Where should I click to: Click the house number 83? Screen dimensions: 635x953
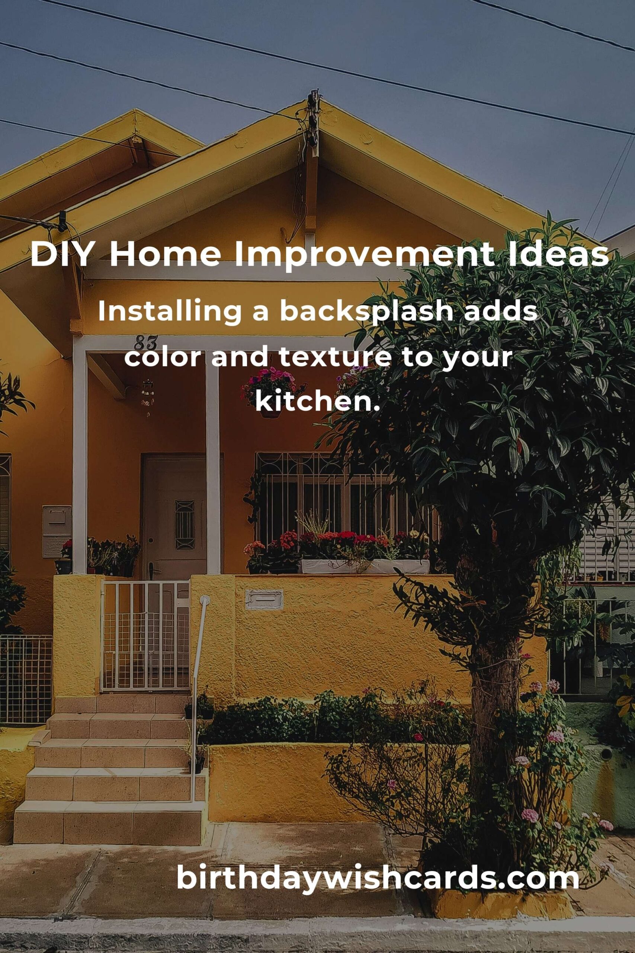point(145,343)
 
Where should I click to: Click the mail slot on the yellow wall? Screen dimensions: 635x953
point(264,599)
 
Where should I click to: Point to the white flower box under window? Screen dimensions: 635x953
point(365,566)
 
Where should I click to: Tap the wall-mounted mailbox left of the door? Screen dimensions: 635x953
point(57,531)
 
